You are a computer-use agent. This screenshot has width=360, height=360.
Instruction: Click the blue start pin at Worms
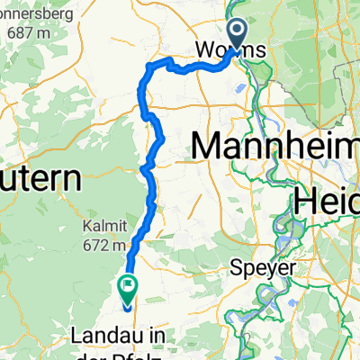(237, 33)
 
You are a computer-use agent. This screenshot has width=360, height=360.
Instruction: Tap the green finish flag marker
(128, 289)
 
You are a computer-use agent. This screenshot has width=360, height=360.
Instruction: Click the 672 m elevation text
(105, 244)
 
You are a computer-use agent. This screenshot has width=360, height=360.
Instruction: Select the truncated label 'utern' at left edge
(40, 176)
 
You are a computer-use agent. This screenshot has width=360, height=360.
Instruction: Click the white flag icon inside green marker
(129, 287)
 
